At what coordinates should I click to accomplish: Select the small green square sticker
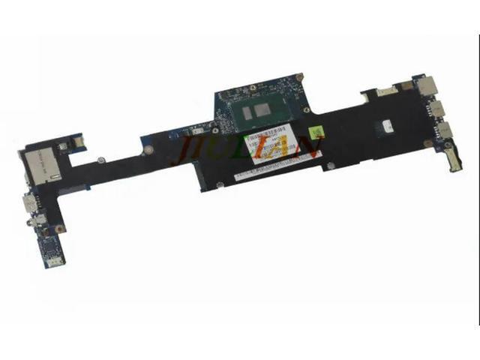(317, 133)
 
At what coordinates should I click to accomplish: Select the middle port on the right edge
(439, 110)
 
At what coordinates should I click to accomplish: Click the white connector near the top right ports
(385, 91)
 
